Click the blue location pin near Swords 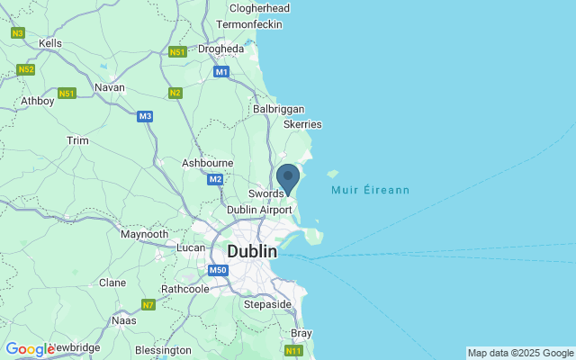[x=288, y=178]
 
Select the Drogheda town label [x=221, y=49]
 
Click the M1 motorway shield [x=221, y=71]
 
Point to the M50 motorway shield [x=218, y=270]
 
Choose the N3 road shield [x=17, y=32]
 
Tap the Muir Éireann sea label [x=370, y=191]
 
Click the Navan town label [x=109, y=87]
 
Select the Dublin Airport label [x=259, y=210]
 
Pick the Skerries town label [x=302, y=125]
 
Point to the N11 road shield [x=293, y=350]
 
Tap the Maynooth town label [x=144, y=234]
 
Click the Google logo [x=30, y=349]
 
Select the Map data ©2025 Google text [x=520, y=353]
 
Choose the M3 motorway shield [x=145, y=116]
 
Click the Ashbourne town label [x=207, y=163]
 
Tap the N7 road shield [x=148, y=305]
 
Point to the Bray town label [x=301, y=333]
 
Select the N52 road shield [x=25, y=69]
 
